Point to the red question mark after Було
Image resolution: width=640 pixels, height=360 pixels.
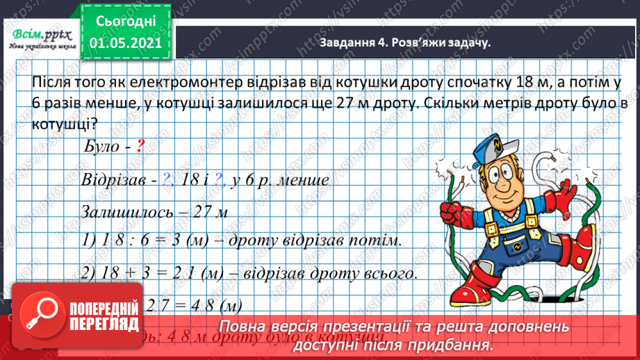(140, 147)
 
